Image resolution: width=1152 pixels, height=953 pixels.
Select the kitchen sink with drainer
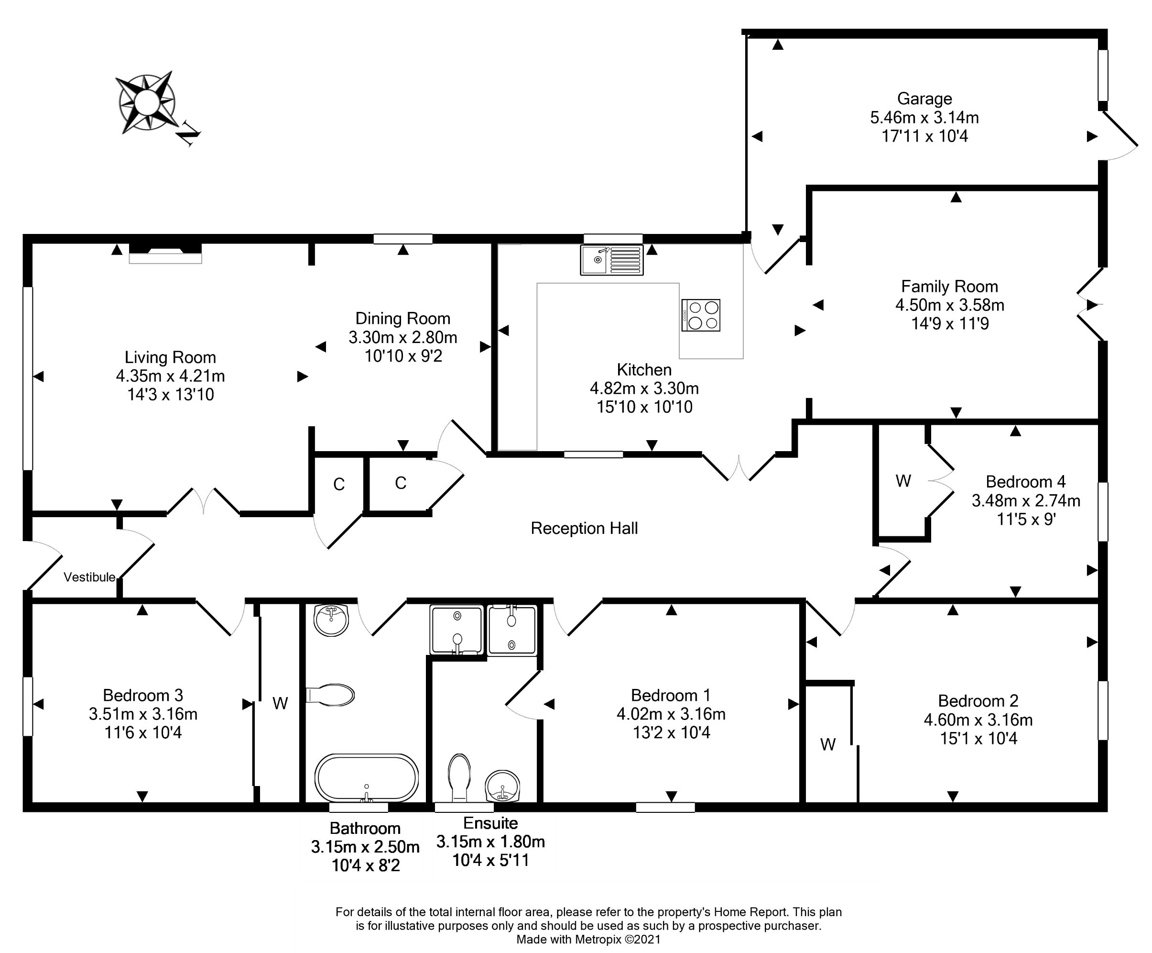click(x=612, y=260)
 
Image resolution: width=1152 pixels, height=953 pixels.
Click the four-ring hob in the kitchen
click(x=701, y=315)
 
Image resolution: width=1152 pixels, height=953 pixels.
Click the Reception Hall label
click(x=584, y=528)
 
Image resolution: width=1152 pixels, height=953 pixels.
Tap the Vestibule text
click(x=89, y=577)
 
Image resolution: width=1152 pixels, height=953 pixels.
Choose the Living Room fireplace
click(x=165, y=254)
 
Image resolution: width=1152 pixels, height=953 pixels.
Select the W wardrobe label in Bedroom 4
click(x=903, y=481)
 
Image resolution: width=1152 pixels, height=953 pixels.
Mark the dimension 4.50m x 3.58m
click(x=950, y=305)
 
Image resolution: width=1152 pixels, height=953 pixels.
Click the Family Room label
click(x=950, y=287)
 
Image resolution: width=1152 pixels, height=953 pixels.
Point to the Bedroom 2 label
click(x=978, y=701)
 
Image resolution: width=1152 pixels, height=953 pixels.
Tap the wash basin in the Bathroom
click(x=331, y=621)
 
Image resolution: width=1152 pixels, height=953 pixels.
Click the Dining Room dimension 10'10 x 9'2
click(x=403, y=356)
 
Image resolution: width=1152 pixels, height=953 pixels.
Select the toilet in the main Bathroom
click(x=330, y=695)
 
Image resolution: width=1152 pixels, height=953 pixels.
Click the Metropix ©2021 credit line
click(x=588, y=939)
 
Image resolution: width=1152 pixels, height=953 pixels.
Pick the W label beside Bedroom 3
click(x=280, y=703)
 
